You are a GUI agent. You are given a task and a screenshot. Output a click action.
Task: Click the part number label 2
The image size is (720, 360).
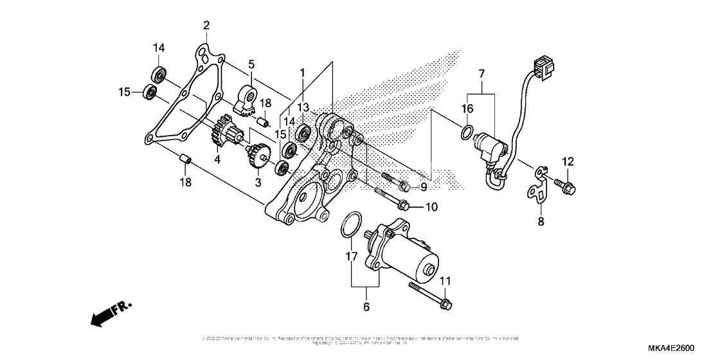(x=206, y=25)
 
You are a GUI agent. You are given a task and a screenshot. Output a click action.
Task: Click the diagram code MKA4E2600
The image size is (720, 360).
(x=673, y=348)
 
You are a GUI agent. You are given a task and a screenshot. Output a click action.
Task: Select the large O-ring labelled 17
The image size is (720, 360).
(x=348, y=224)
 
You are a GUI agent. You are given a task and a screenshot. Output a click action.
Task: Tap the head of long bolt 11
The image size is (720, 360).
(x=446, y=301)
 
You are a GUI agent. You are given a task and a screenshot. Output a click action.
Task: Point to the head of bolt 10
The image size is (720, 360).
(x=403, y=206)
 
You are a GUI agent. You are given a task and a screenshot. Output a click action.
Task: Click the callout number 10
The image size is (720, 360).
(x=430, y=207)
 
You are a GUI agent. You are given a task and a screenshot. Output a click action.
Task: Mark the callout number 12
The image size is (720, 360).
(x=568, y=161)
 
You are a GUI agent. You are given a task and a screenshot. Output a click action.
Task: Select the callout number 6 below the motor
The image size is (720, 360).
(x=366, y=307)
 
